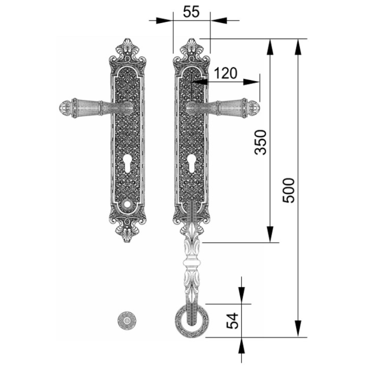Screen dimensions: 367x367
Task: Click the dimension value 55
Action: click(191, 12)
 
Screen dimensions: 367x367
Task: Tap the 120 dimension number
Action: click(226, 73)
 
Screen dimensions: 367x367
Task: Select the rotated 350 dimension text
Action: click(260, 142)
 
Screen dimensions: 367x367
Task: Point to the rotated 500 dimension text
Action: click(288, 191)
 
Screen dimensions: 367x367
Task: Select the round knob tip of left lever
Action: click(65, 108)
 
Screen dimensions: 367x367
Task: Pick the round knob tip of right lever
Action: click(254, 108)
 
